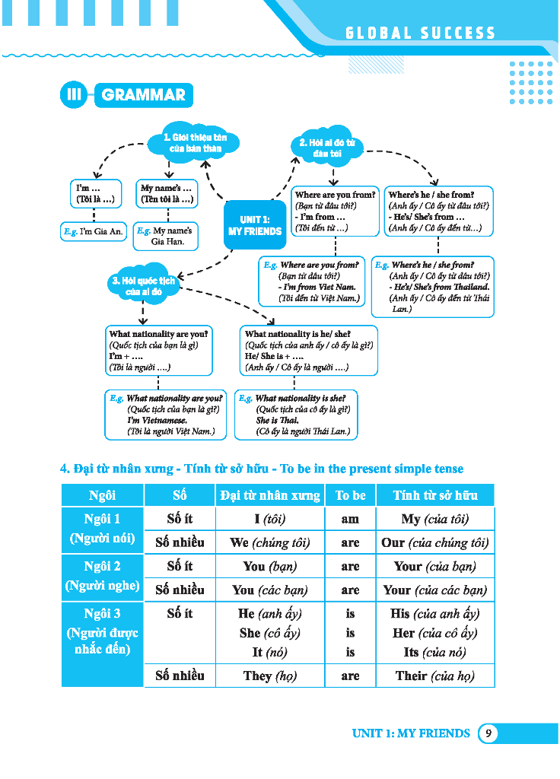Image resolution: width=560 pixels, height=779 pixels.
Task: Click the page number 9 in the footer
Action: coord(488,733)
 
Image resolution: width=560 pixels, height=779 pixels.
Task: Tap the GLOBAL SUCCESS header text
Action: coord(421,33)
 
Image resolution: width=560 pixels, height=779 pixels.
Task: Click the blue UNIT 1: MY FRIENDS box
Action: coord(255,226)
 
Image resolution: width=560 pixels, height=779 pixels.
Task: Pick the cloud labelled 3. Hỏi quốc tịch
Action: coord(144,285)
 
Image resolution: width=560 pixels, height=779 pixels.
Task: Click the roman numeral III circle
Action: coord(74,95)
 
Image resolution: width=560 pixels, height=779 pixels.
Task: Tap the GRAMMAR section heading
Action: coord(143,95)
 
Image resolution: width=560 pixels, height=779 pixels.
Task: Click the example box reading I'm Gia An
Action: coord(94,231)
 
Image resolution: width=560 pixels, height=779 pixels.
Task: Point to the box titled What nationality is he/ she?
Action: coord(308,351)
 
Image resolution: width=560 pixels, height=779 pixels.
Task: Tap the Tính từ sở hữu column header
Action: coord(435,495)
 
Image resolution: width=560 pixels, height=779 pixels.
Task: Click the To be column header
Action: coord(350,495)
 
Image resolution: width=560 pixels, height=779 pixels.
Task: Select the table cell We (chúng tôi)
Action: coord(270,542)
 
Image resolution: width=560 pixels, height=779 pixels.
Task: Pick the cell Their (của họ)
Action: coord(435,676)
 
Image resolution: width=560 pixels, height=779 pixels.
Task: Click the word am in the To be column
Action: coord(350,519)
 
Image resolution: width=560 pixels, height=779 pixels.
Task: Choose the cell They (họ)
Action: coord(270,676)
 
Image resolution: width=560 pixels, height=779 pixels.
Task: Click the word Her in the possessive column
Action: coord(404,633)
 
